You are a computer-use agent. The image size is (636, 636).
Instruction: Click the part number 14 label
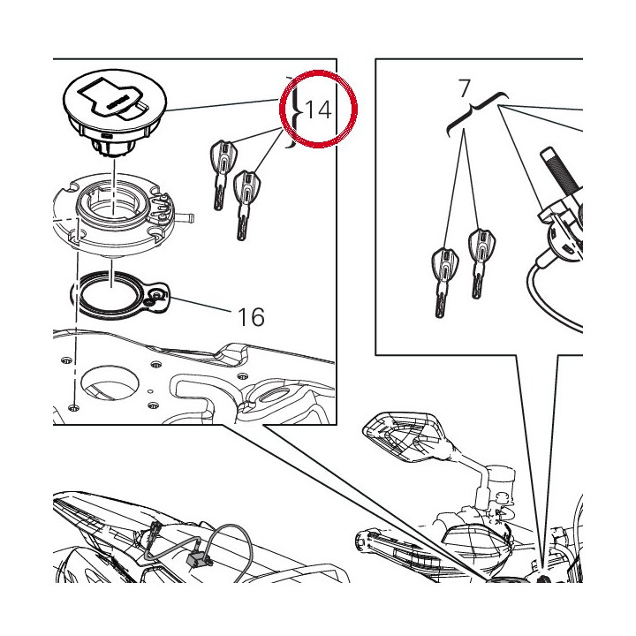[318, 110]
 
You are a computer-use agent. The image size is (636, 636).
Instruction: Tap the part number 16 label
[251, 317]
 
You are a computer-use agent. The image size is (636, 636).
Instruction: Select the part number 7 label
[465, 88]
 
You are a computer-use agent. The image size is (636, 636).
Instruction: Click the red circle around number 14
[318, 72]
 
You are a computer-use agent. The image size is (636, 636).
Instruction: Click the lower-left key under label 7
[444, 282]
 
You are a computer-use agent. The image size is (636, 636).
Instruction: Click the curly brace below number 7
[477, 111]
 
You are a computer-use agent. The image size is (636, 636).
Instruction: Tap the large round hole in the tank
[110, 384]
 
